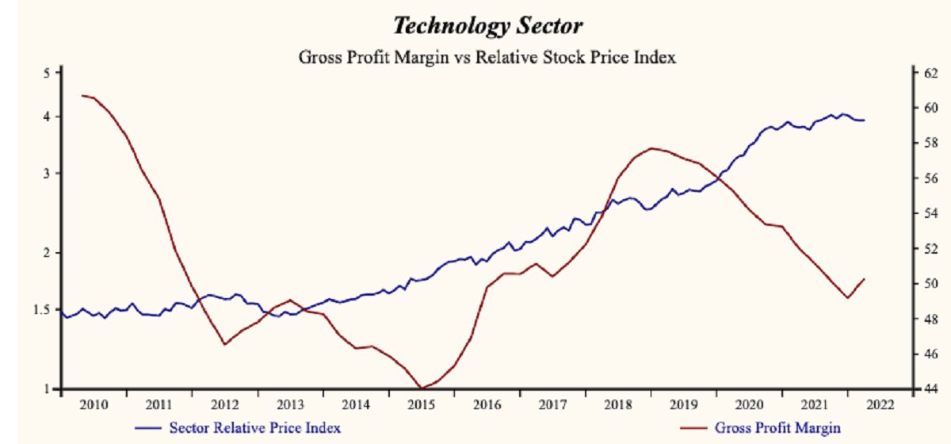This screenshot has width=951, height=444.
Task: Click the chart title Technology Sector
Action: [487, 26]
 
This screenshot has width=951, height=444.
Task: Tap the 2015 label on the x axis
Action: [420, 404]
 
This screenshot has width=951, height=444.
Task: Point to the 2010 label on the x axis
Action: [95, 404]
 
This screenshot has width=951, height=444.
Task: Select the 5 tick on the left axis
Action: [46, 73]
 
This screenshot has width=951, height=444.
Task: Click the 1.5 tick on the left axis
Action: [42, 309]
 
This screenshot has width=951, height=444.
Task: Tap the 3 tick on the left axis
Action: [46, 173]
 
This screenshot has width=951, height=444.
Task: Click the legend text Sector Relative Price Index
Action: [255, 428]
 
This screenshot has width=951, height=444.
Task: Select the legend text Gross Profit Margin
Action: [777, 428]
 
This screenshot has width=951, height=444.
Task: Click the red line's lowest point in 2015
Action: [421, 388]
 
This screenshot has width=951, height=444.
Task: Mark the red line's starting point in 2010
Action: [82, 95]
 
